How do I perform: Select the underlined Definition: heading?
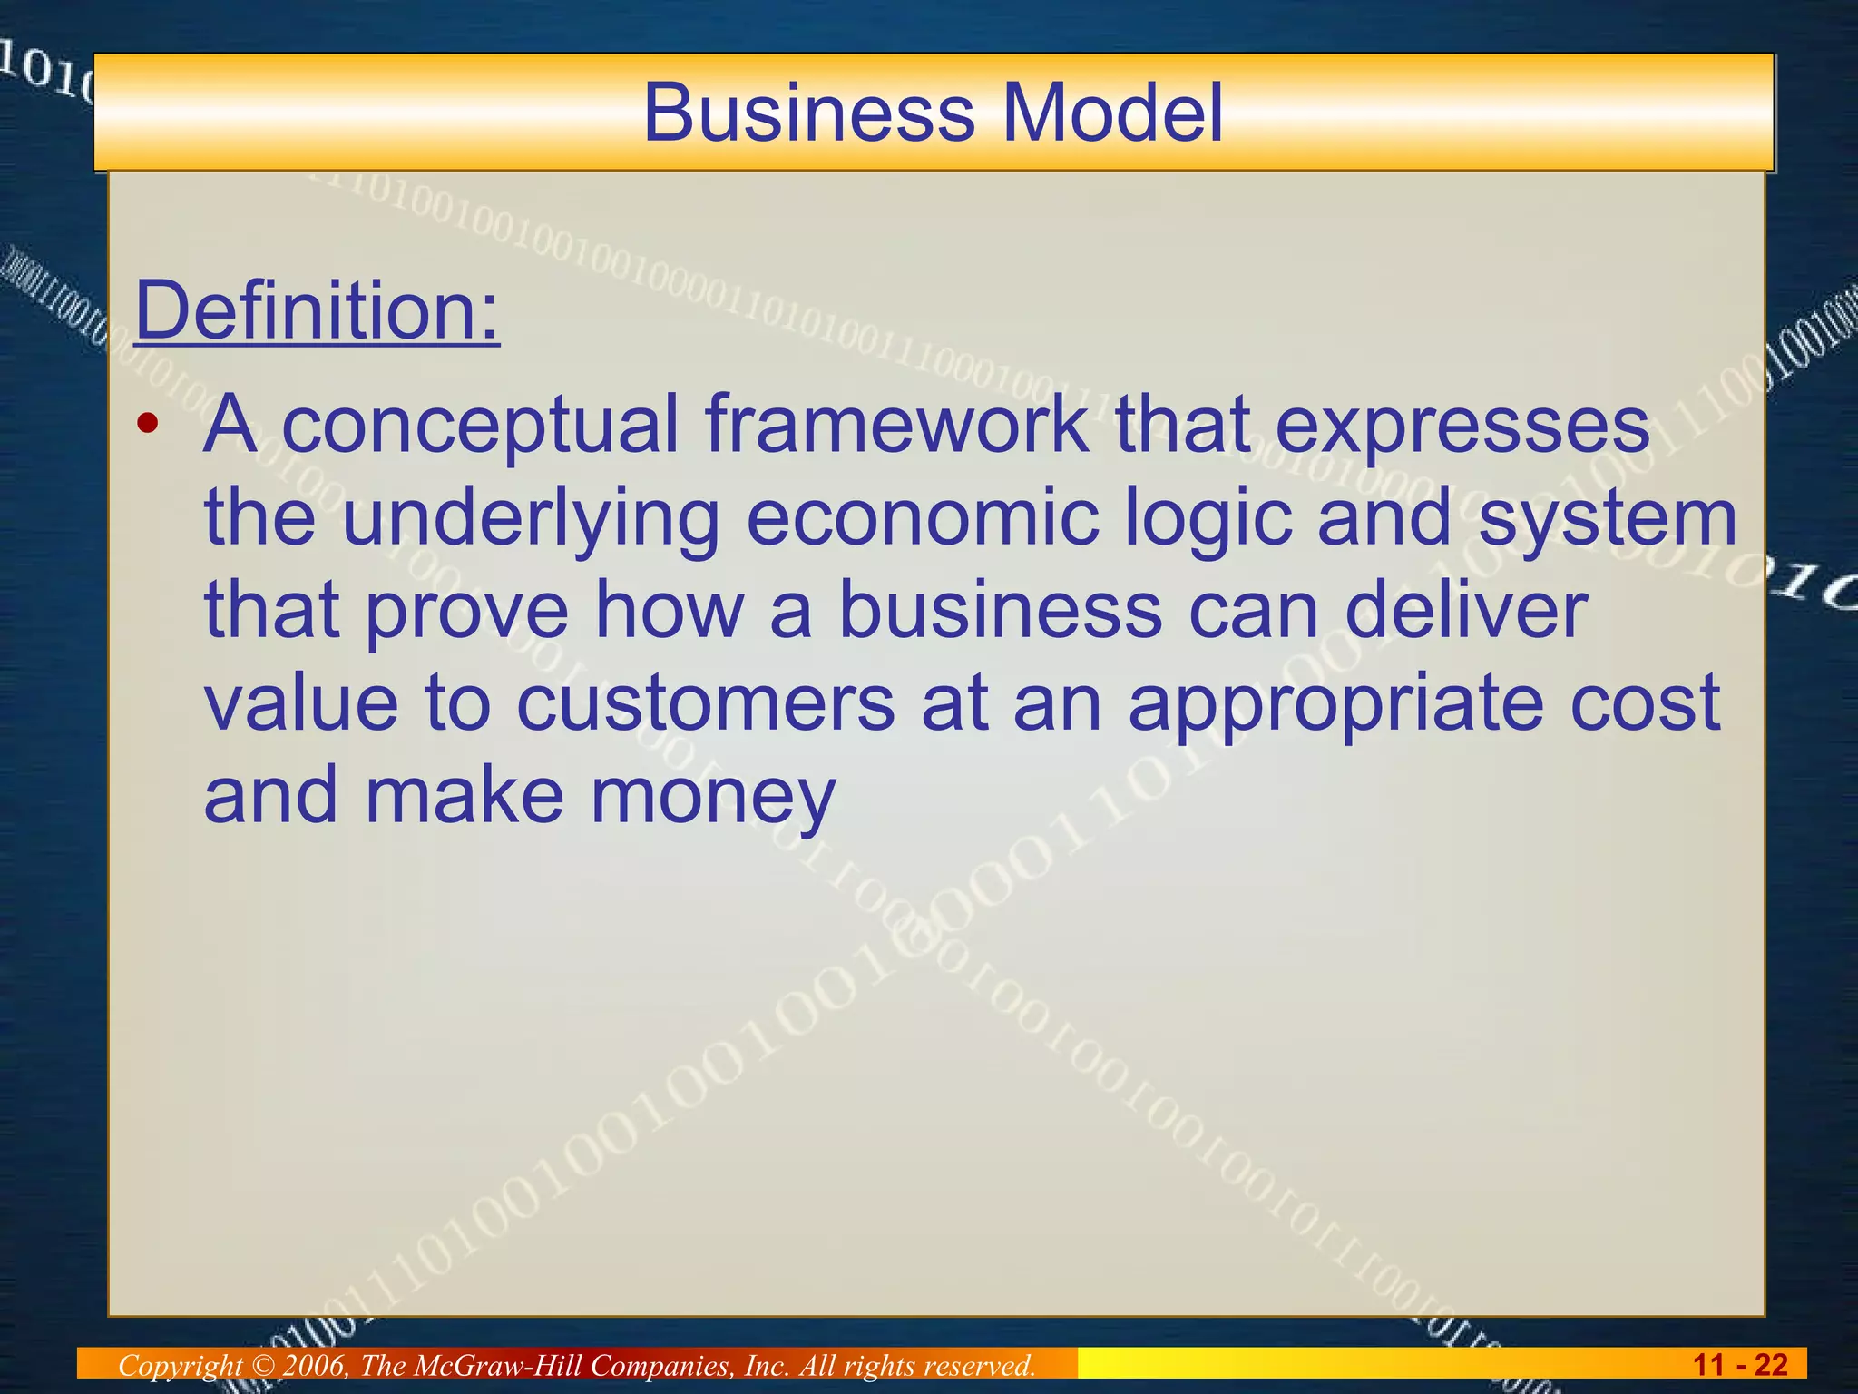[318, 310]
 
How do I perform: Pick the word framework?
[896, 425]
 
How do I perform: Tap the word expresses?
[1462, 425]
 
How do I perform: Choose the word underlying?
[531, 519]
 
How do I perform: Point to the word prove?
[467, 612]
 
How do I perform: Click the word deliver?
[1465, 610]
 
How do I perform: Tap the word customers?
[706, 703]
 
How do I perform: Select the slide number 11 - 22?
[1740, 1365]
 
